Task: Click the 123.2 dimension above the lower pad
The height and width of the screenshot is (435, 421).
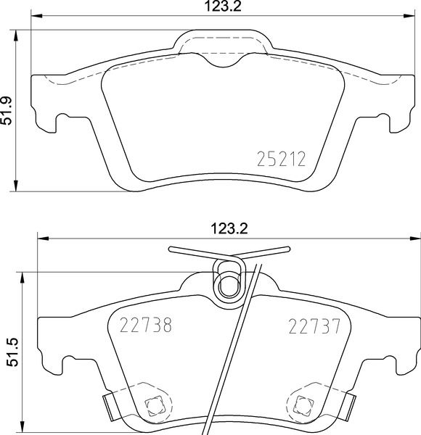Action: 229,228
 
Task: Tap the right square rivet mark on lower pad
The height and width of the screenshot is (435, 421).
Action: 303,405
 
